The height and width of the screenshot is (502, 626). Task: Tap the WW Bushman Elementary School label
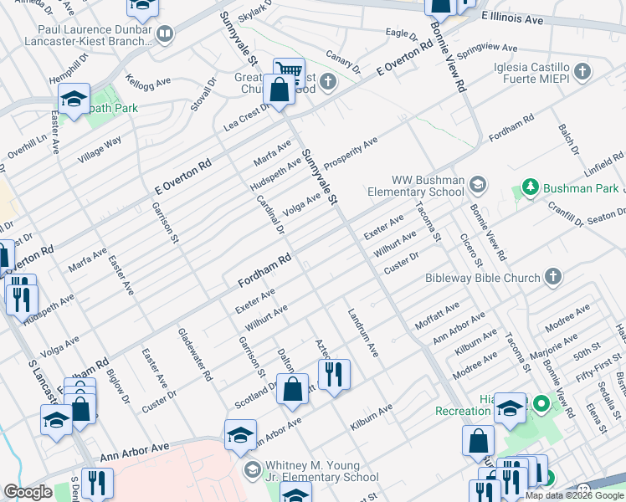pyautogui.click(x=428, y=186)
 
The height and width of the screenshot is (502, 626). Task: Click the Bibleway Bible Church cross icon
pyautogui.click(x=552, y=276)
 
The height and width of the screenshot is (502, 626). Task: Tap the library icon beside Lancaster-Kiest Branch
pyautogui.click(x=165, y=33)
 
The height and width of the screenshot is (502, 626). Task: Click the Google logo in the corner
pyautogui.click(x=28, y=492)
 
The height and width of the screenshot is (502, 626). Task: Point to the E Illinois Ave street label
pyautogui.click(x=513, y=18)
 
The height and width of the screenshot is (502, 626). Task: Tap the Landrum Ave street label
pyautogui.click(x=363, y=332)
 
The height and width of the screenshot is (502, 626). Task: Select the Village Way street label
pyautogui.click(x=100, y=149)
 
